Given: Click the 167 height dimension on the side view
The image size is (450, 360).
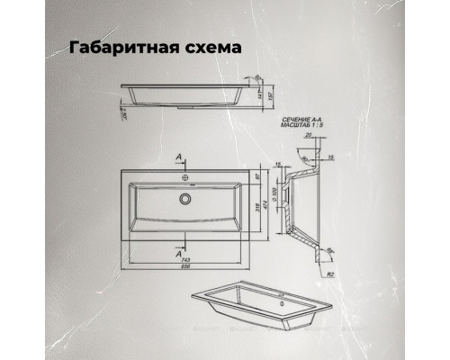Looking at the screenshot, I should click(271, 94).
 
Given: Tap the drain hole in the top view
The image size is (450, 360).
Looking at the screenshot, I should click(186, 198).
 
